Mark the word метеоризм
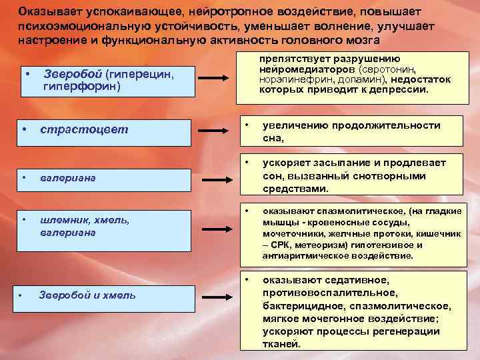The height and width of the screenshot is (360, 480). pos(349,245)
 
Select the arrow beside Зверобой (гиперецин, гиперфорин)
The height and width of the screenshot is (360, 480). pos(216,79)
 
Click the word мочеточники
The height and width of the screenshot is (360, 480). pos(290,235)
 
